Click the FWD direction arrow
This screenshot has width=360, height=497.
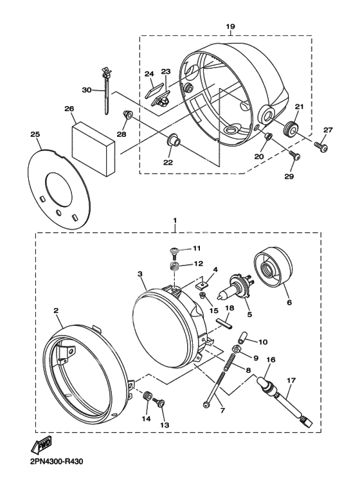[41, 445]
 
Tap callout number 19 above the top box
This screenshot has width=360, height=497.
[230, 26]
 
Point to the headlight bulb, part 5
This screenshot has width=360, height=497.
[235, 287]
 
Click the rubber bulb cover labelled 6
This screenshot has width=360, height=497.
[273, 266]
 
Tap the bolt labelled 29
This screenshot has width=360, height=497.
[294, 155]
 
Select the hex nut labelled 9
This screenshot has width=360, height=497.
[237, 348]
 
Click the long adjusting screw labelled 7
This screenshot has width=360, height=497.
[215, 389]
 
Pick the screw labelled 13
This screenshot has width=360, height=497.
[159, 402]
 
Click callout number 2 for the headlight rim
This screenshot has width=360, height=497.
[56, 311]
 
